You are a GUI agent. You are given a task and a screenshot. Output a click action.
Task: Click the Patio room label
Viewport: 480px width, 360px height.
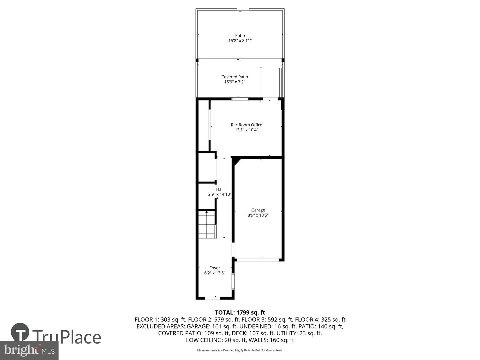coord(240,36)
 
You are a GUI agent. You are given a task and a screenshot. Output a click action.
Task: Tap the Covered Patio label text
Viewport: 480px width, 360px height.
coord(235,77)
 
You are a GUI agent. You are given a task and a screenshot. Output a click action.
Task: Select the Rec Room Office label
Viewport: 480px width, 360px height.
coord(246,125)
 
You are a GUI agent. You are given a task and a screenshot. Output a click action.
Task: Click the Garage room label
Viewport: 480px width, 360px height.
coord(258,210)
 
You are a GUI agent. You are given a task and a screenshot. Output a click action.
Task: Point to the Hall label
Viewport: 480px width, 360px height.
coord(220,189)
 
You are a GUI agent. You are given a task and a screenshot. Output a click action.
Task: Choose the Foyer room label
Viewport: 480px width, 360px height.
coord(215,268)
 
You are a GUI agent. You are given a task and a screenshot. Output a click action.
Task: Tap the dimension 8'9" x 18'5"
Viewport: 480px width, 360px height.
coord(258,215)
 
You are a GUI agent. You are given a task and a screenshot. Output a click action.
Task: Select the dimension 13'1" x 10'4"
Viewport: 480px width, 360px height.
coord(246,130)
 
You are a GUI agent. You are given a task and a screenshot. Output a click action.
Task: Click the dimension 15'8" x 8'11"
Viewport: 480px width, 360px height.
coord(240,41)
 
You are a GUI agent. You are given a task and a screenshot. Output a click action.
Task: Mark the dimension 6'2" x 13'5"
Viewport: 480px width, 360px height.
coord(215,273)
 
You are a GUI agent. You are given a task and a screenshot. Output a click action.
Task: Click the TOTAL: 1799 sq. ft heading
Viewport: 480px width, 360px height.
coord(240,313)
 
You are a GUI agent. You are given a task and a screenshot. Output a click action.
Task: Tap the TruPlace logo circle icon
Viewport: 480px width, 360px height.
coord(20,332)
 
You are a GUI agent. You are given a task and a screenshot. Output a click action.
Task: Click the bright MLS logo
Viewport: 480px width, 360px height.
coord(29,350)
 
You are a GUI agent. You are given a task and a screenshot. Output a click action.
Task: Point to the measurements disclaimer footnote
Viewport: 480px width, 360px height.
coord(240,350)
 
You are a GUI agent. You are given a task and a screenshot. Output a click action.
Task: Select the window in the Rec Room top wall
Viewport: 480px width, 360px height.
coord(240,99)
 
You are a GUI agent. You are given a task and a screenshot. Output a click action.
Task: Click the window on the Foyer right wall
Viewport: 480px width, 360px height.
coord(233,281)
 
